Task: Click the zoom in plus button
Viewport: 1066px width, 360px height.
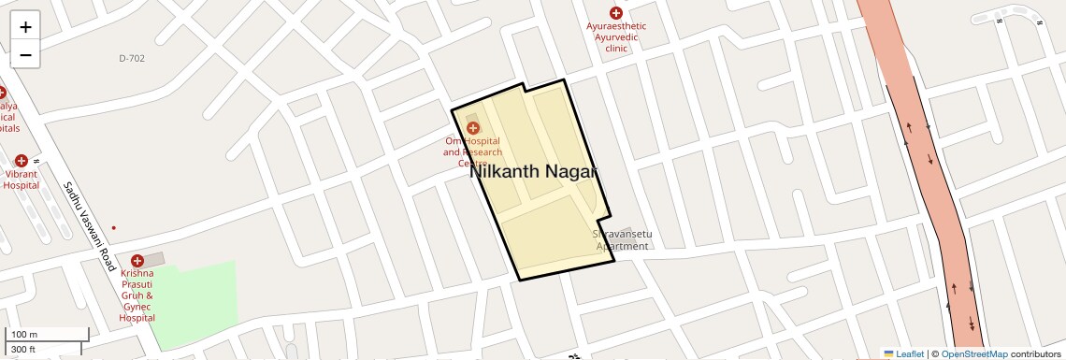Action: pos(25,27)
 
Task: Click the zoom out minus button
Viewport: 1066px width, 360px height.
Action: pos(25,54)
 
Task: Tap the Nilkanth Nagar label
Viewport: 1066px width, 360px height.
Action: pos(533,172)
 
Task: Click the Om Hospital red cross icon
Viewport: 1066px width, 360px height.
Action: pos(472,127)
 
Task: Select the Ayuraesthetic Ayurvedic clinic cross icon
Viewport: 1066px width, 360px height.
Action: pos(615,12)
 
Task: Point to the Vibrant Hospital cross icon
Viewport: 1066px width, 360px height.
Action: pos(21,161)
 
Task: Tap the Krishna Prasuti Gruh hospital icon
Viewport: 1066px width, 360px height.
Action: pos(137,261)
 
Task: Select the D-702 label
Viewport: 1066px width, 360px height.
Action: pos(132,58)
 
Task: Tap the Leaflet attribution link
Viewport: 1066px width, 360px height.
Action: pos(903,353)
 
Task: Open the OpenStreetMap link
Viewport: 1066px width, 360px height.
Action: pos(973,353)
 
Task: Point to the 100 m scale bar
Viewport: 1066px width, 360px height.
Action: pos(47,334)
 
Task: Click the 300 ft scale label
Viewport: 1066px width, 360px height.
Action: pos(23,350)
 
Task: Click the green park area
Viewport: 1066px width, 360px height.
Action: pos(196,304)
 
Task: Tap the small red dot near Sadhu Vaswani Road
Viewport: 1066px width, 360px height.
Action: pos(114,227)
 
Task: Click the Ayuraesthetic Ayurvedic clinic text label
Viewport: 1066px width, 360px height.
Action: pos(616,37)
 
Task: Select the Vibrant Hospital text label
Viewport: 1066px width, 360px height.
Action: pos(21,180)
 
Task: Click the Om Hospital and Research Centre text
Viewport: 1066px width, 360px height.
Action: pos(472,151)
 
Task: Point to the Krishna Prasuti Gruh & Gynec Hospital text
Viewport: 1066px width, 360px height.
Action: pos(137,296)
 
